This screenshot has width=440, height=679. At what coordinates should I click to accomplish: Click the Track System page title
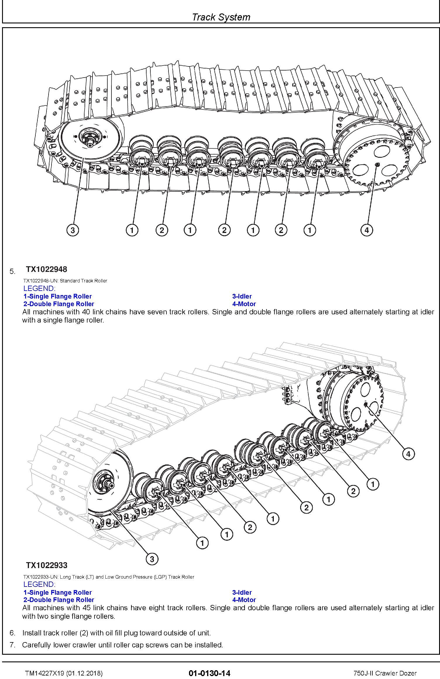tap(221, 17)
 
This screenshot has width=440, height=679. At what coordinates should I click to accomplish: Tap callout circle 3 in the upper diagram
tap(73, 230)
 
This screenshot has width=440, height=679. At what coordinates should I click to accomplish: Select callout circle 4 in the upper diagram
tap(367, 230)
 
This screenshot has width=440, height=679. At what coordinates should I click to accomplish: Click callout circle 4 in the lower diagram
tap(408, 454)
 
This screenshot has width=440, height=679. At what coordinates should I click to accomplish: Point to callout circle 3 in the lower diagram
tap(152, 559)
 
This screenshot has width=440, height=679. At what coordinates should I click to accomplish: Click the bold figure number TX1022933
tap(47, 565)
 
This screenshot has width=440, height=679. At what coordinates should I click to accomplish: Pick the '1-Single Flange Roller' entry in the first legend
tap(58, 296)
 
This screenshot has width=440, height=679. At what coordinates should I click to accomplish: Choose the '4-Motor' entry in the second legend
tap(244, 600)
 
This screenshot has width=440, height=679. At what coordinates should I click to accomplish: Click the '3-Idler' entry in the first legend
tap(242, 296)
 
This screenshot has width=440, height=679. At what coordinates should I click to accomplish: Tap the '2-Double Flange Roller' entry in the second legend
tap(59, 600)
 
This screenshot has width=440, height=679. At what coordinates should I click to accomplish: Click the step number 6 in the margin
tap(12, 633)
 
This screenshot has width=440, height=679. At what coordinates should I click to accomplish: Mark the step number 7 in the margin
tap(12, 645)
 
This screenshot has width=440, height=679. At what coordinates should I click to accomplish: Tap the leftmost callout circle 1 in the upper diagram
tap(132, 230)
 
